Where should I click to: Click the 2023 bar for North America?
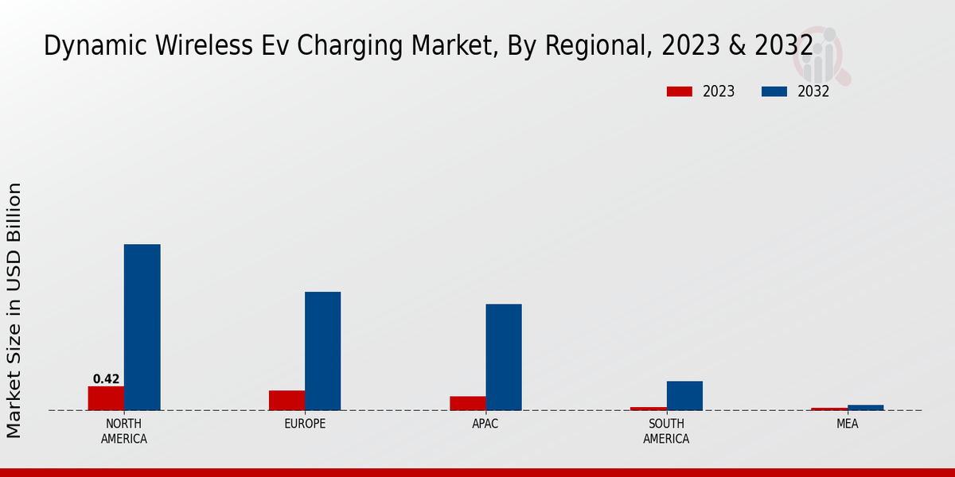[106, 398]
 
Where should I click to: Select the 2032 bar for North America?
[142, 327]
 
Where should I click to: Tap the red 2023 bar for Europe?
[286, 401]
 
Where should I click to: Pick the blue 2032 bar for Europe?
[322, 351]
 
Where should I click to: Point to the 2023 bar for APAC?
[467, 403]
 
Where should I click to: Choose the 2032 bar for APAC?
[504, 357]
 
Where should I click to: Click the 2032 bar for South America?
[684, 396]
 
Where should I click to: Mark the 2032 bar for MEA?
[865, 407]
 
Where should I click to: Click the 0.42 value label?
[106, 379]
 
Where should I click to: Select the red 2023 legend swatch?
[679, 91]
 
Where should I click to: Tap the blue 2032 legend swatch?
[774, 91]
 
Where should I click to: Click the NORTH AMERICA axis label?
[124, 431]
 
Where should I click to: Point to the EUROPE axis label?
[305, 424]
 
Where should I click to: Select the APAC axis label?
[485, 424]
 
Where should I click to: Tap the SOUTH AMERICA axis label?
[666, 431]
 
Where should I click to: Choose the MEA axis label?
[847, 424]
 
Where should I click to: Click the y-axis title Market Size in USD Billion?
[14, 310]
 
